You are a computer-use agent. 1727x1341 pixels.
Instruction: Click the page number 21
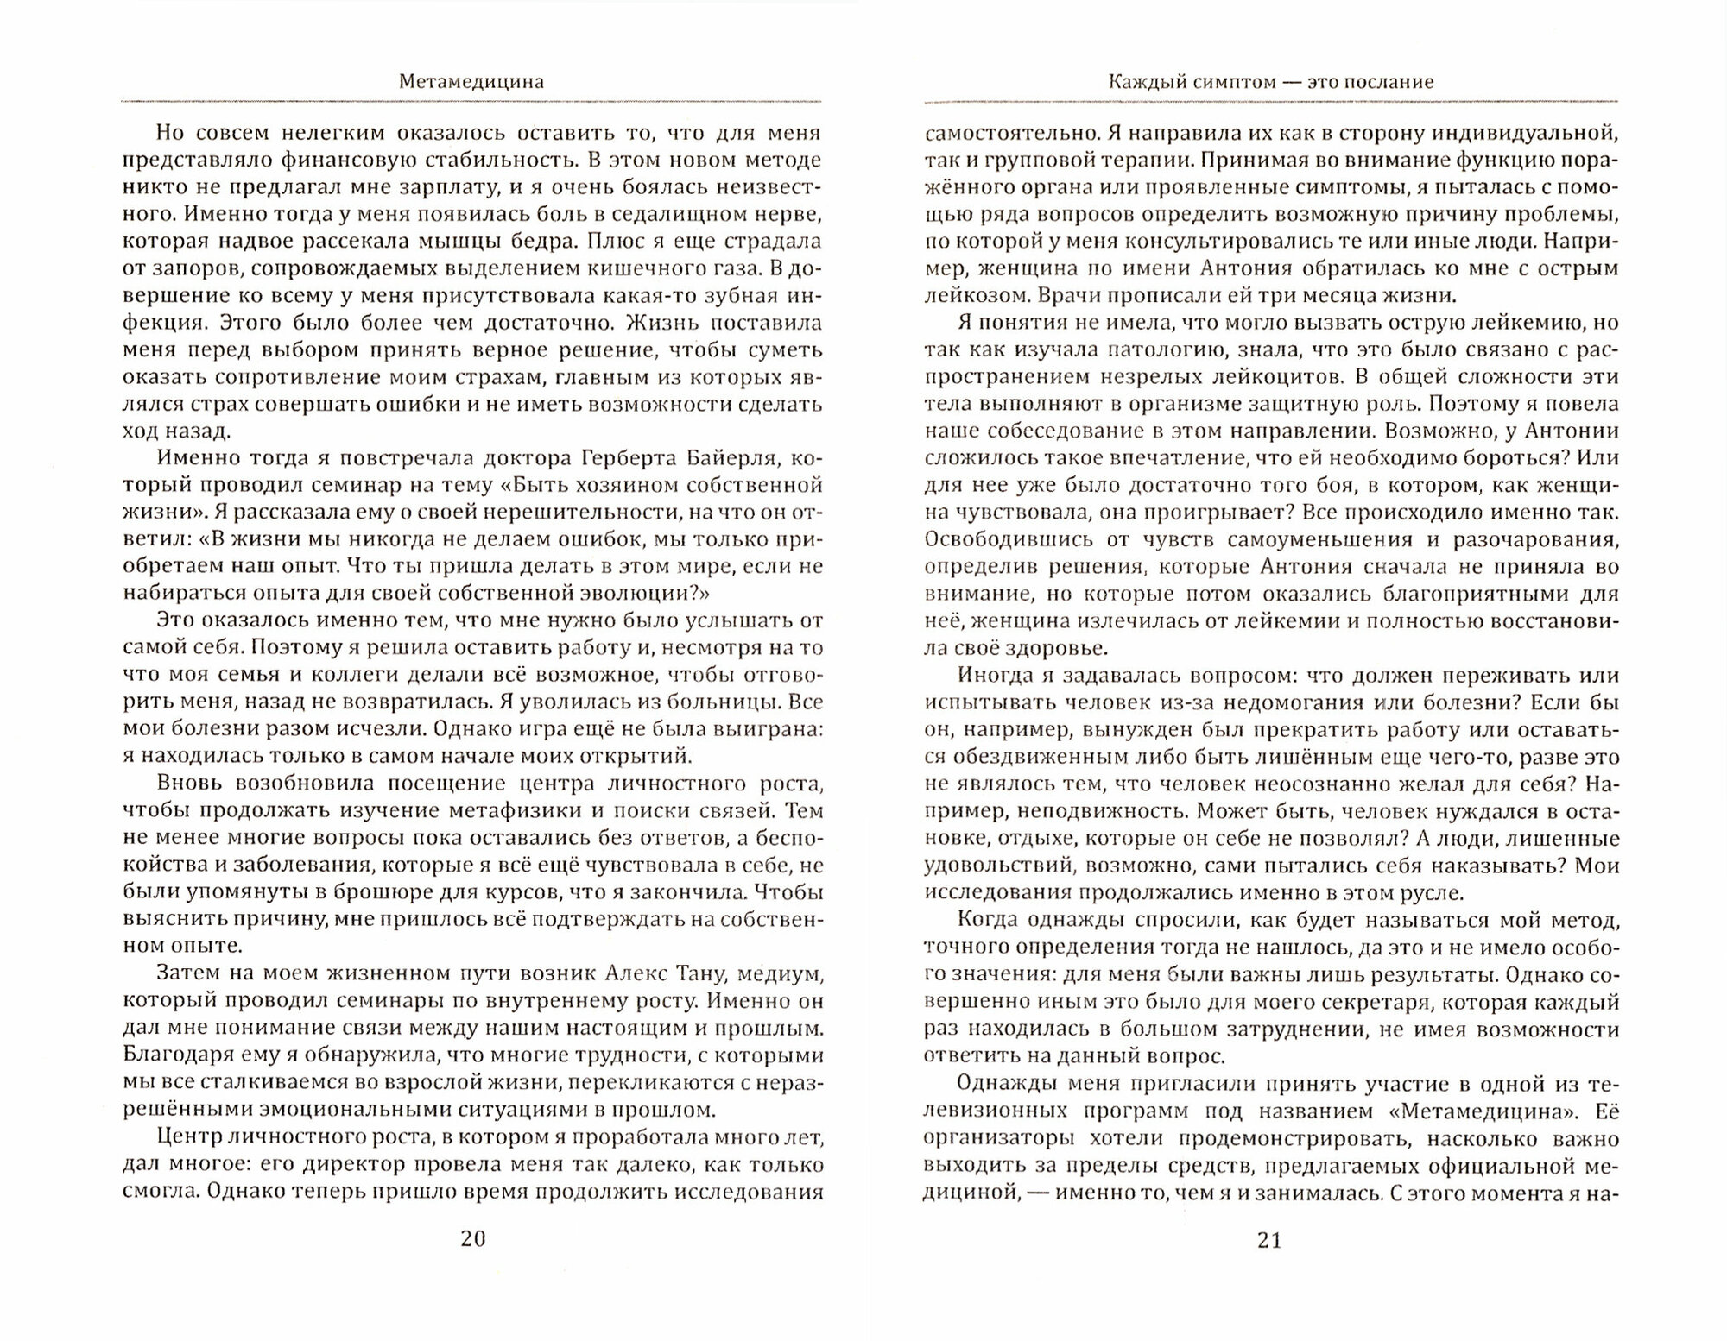pos(1269,1240)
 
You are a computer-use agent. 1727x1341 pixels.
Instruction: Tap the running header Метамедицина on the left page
pos(471,82)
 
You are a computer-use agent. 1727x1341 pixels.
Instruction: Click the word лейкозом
pos(968,295)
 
